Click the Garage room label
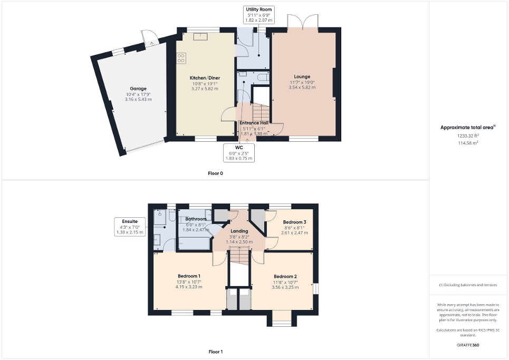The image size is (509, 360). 138,89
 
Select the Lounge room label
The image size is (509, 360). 302,76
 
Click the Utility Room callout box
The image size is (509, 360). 258,15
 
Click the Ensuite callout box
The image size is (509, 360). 130,227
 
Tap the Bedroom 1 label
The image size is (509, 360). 188,276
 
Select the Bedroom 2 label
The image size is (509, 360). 285,276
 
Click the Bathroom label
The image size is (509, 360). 196,218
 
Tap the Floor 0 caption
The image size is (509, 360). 215,173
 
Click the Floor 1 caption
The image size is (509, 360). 215,352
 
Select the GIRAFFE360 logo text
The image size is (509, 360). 468,345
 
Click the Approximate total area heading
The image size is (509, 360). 468,127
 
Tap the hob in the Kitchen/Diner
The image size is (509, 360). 181,58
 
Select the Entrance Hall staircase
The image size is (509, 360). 261,112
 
